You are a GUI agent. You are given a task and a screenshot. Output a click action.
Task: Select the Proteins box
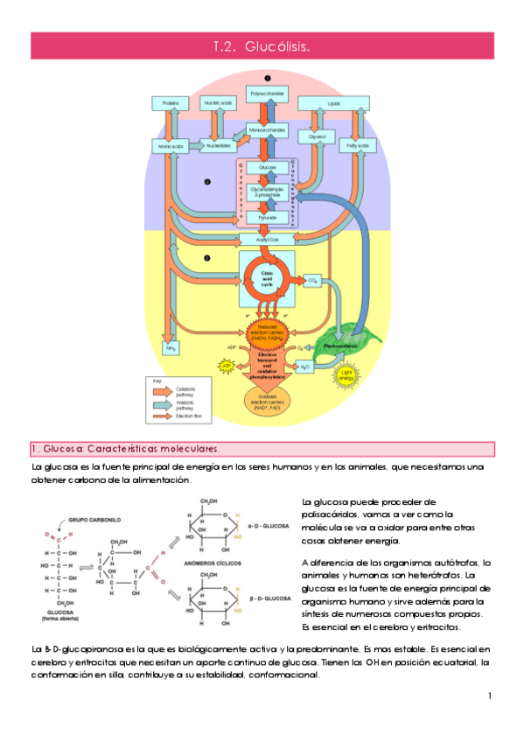click(x=170, y=103)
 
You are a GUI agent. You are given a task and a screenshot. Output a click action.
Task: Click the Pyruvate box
click(x=268, y=216)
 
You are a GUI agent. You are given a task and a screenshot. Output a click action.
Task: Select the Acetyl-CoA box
click(x=268, y=239)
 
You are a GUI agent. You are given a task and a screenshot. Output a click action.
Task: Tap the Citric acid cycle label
click(x=268, y=279)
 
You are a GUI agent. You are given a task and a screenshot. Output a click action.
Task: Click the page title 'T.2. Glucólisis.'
click(x=262, y=45)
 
